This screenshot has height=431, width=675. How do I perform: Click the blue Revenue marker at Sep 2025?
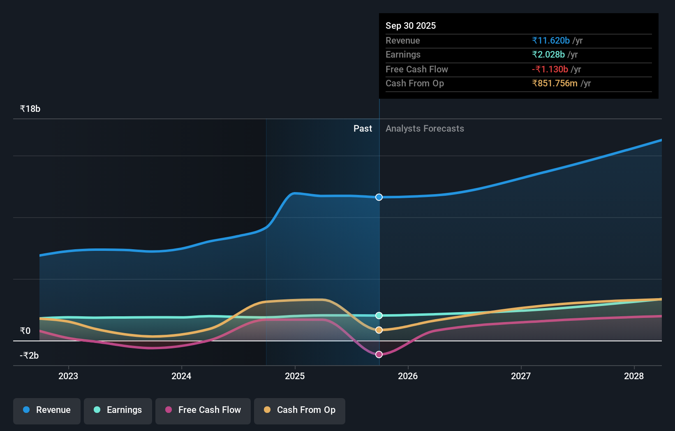379,197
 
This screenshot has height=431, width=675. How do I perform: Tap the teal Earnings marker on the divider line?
379,315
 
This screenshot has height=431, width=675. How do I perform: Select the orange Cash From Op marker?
379,330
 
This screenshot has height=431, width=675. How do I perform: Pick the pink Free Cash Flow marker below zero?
379,355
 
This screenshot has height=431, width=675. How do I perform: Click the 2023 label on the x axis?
68,376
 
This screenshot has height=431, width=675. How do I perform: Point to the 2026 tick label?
408,376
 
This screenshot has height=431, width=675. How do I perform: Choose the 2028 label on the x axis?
634,376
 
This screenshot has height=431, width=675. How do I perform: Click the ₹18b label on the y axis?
30,109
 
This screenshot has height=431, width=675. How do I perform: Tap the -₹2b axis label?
29,355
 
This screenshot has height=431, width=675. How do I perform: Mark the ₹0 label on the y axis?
25,331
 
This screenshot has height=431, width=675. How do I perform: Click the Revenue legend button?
47,410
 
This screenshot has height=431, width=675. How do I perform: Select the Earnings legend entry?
118,410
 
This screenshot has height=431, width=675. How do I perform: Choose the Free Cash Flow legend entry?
203,410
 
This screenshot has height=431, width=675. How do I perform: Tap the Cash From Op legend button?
300,410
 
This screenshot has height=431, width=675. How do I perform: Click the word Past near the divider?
363,129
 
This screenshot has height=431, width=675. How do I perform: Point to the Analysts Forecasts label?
425,129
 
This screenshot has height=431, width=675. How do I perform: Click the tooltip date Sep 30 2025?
411,25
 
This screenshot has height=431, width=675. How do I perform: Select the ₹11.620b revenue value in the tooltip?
551,40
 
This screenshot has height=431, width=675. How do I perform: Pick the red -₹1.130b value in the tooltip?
550,69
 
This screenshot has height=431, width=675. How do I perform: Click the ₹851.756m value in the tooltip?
555,83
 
